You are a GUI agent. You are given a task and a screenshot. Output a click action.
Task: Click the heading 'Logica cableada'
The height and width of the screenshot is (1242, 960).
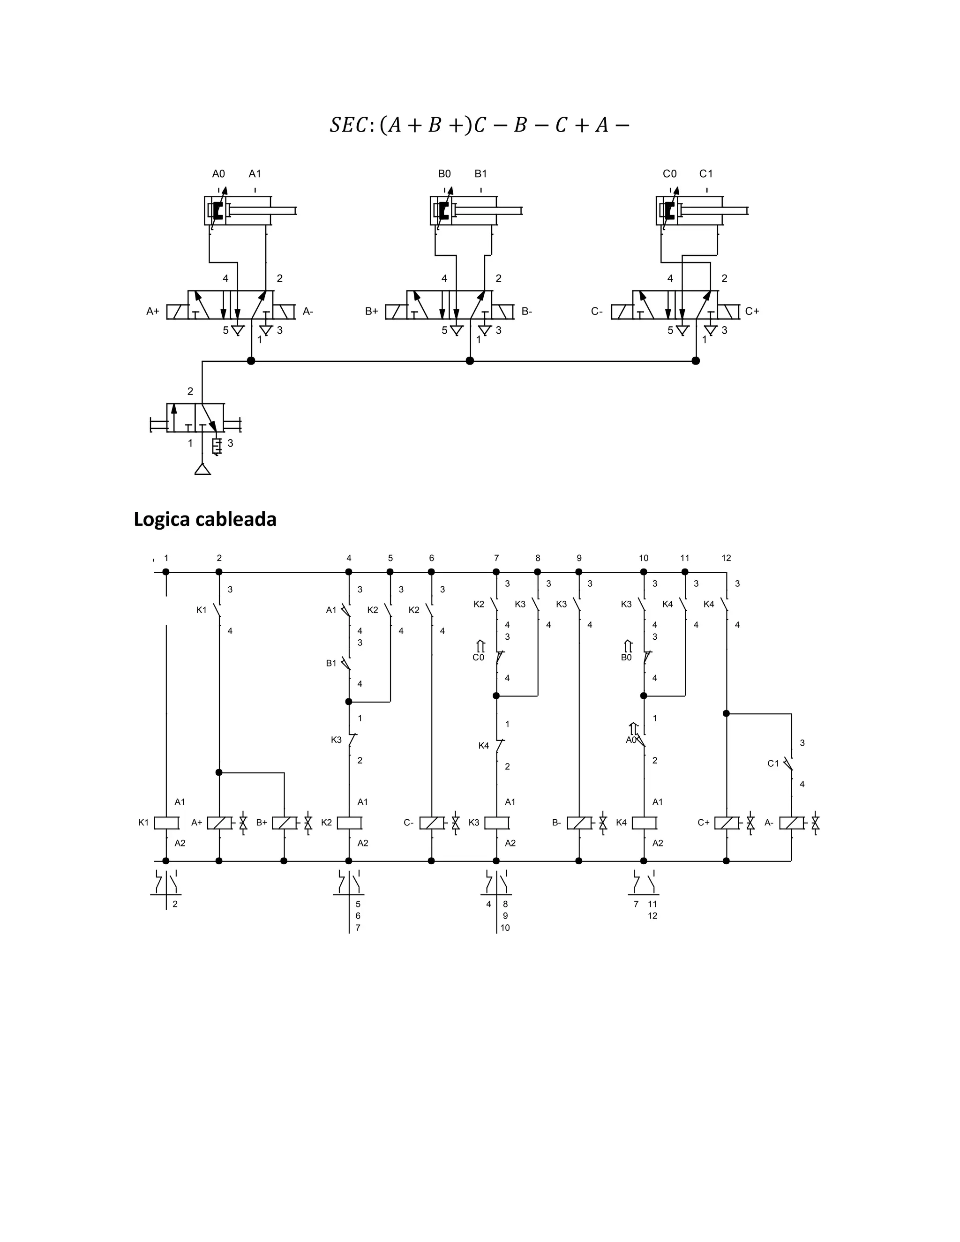click(205, 519)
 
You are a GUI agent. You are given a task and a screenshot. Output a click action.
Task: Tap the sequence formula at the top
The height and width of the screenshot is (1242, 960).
click(480, 125)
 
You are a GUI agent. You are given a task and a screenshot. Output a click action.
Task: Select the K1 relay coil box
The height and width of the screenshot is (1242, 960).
click(166, 823)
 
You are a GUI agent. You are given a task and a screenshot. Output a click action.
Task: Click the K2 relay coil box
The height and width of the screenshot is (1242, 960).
click(349, 823)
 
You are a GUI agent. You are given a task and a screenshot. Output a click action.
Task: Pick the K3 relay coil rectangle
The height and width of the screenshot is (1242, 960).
click(496, 823)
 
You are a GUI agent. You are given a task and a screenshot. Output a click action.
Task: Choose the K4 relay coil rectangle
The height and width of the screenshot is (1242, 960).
click(644, 823)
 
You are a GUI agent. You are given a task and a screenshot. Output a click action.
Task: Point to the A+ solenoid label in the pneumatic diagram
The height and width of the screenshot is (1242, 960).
click(152, 312)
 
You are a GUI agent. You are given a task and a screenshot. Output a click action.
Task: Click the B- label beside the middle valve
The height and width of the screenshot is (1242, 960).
click(526, 312)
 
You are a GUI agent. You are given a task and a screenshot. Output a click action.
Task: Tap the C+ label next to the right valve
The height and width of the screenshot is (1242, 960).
click(752, 312)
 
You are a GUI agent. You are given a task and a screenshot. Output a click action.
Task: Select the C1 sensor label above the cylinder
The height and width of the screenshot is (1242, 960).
click(706, 174)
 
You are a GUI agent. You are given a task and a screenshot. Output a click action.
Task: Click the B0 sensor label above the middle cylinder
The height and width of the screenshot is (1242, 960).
click(444, 174)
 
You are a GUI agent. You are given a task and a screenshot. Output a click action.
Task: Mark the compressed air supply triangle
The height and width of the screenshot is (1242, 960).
click(202, 469)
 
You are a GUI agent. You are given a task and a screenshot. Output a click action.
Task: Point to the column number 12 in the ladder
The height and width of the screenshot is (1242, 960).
click(726, 558)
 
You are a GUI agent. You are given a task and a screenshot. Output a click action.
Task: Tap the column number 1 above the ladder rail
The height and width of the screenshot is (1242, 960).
click(166, 558)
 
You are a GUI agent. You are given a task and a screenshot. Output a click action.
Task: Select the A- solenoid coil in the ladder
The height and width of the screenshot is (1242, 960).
click(791, 823)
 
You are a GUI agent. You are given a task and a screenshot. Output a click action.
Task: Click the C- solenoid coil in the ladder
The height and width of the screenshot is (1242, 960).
click(432, 823)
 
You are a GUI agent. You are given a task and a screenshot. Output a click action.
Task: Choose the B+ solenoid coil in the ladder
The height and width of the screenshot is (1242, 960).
click(284, 823)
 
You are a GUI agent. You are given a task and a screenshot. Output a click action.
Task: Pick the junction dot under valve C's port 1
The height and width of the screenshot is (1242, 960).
click(696, 360)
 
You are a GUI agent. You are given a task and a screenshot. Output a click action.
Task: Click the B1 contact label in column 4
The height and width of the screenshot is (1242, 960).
click(331, 663)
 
